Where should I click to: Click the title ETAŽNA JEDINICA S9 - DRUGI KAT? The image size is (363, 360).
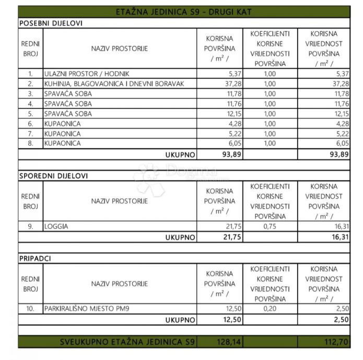184,12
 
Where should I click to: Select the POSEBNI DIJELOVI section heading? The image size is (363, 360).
51,23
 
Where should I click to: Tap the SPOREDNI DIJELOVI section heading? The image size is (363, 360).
53,176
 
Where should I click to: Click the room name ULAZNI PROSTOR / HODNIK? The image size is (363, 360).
87,74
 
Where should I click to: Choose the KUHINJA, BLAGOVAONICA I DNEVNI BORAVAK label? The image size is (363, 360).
114,83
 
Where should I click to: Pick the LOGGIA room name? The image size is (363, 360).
57,227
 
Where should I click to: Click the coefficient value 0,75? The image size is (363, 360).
270,227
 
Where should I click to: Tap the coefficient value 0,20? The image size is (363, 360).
270,308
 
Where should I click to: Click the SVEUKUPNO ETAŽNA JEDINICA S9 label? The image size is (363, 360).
127,342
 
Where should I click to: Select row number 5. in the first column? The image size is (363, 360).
31,114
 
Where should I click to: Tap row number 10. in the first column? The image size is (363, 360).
31,308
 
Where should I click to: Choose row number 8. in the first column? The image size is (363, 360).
31,143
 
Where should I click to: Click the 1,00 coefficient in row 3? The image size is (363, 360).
270,94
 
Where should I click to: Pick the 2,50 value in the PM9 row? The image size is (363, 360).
341,308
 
